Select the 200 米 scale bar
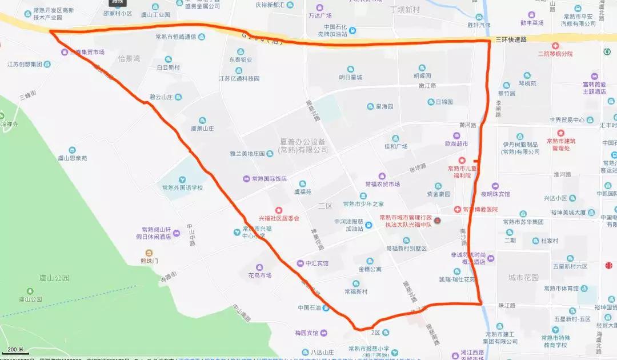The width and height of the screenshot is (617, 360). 14,350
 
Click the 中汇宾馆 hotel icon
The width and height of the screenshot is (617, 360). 301,263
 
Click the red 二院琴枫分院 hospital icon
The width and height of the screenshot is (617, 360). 555,46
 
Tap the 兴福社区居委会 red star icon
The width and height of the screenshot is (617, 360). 279,210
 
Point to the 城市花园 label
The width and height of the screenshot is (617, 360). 523,278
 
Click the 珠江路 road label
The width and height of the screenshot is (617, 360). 506,306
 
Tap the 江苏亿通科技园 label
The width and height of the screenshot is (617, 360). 239,79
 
